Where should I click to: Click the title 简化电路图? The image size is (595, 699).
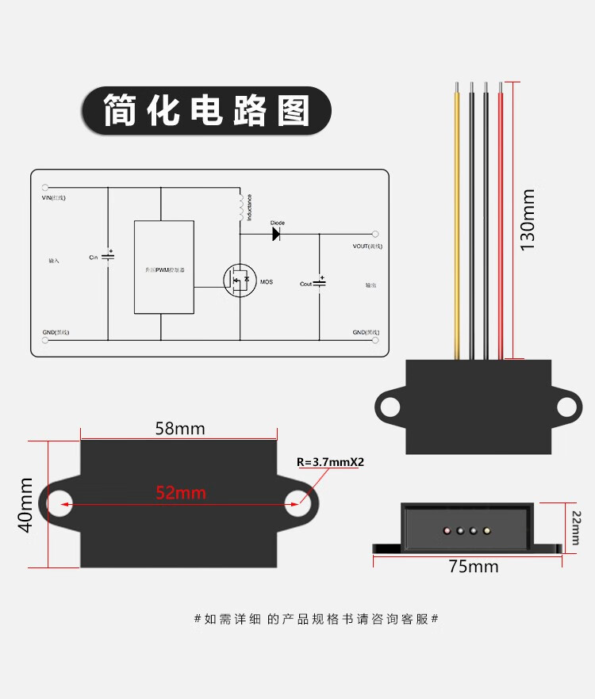(205, 110)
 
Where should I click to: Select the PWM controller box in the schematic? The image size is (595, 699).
(163, 267)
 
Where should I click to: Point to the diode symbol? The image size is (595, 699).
(278, 234)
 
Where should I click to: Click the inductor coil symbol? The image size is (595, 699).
(240, 207)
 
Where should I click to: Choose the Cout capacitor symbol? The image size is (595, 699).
(320, 283)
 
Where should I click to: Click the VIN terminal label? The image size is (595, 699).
(54, 197)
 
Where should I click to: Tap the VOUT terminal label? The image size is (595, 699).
(367, 246)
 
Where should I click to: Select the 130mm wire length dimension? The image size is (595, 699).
(528, 220)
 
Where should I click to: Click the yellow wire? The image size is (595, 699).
(457, 222)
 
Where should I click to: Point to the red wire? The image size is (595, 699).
(500, 222)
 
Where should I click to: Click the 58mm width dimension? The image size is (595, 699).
(180, 429)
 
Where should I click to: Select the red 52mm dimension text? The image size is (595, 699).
(181, 492)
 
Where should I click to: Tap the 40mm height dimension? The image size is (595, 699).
(27, 505)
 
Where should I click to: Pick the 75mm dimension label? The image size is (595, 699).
(474, 567)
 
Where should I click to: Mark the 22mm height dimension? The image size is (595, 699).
(576, 527)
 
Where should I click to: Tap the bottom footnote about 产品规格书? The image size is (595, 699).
(317, 619)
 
